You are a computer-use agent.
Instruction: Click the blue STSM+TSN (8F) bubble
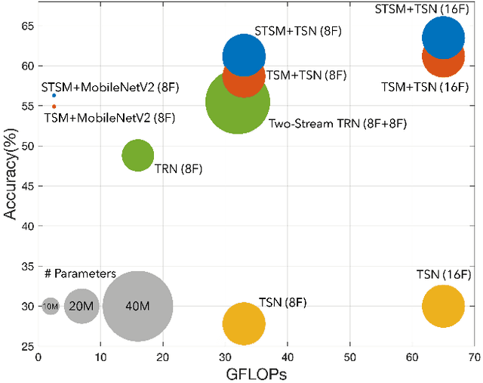point(244,55)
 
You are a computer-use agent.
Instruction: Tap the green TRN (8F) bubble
point(137,156)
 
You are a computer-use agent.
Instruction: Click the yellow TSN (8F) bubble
point(244,323)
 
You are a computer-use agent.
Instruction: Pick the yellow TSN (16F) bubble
point(443,307)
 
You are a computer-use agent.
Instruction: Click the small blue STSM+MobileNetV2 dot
point(54,96)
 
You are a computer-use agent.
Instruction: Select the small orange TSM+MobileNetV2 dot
point(54,107)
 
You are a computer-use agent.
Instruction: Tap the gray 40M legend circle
point(137,306)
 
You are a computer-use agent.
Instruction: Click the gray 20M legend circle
point(82,306)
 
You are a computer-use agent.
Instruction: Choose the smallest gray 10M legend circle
point(51,306)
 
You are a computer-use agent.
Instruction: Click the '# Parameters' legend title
point(78,273)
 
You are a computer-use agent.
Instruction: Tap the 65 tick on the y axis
point(27,26)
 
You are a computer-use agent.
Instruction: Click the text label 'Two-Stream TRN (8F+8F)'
point(337,122)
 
